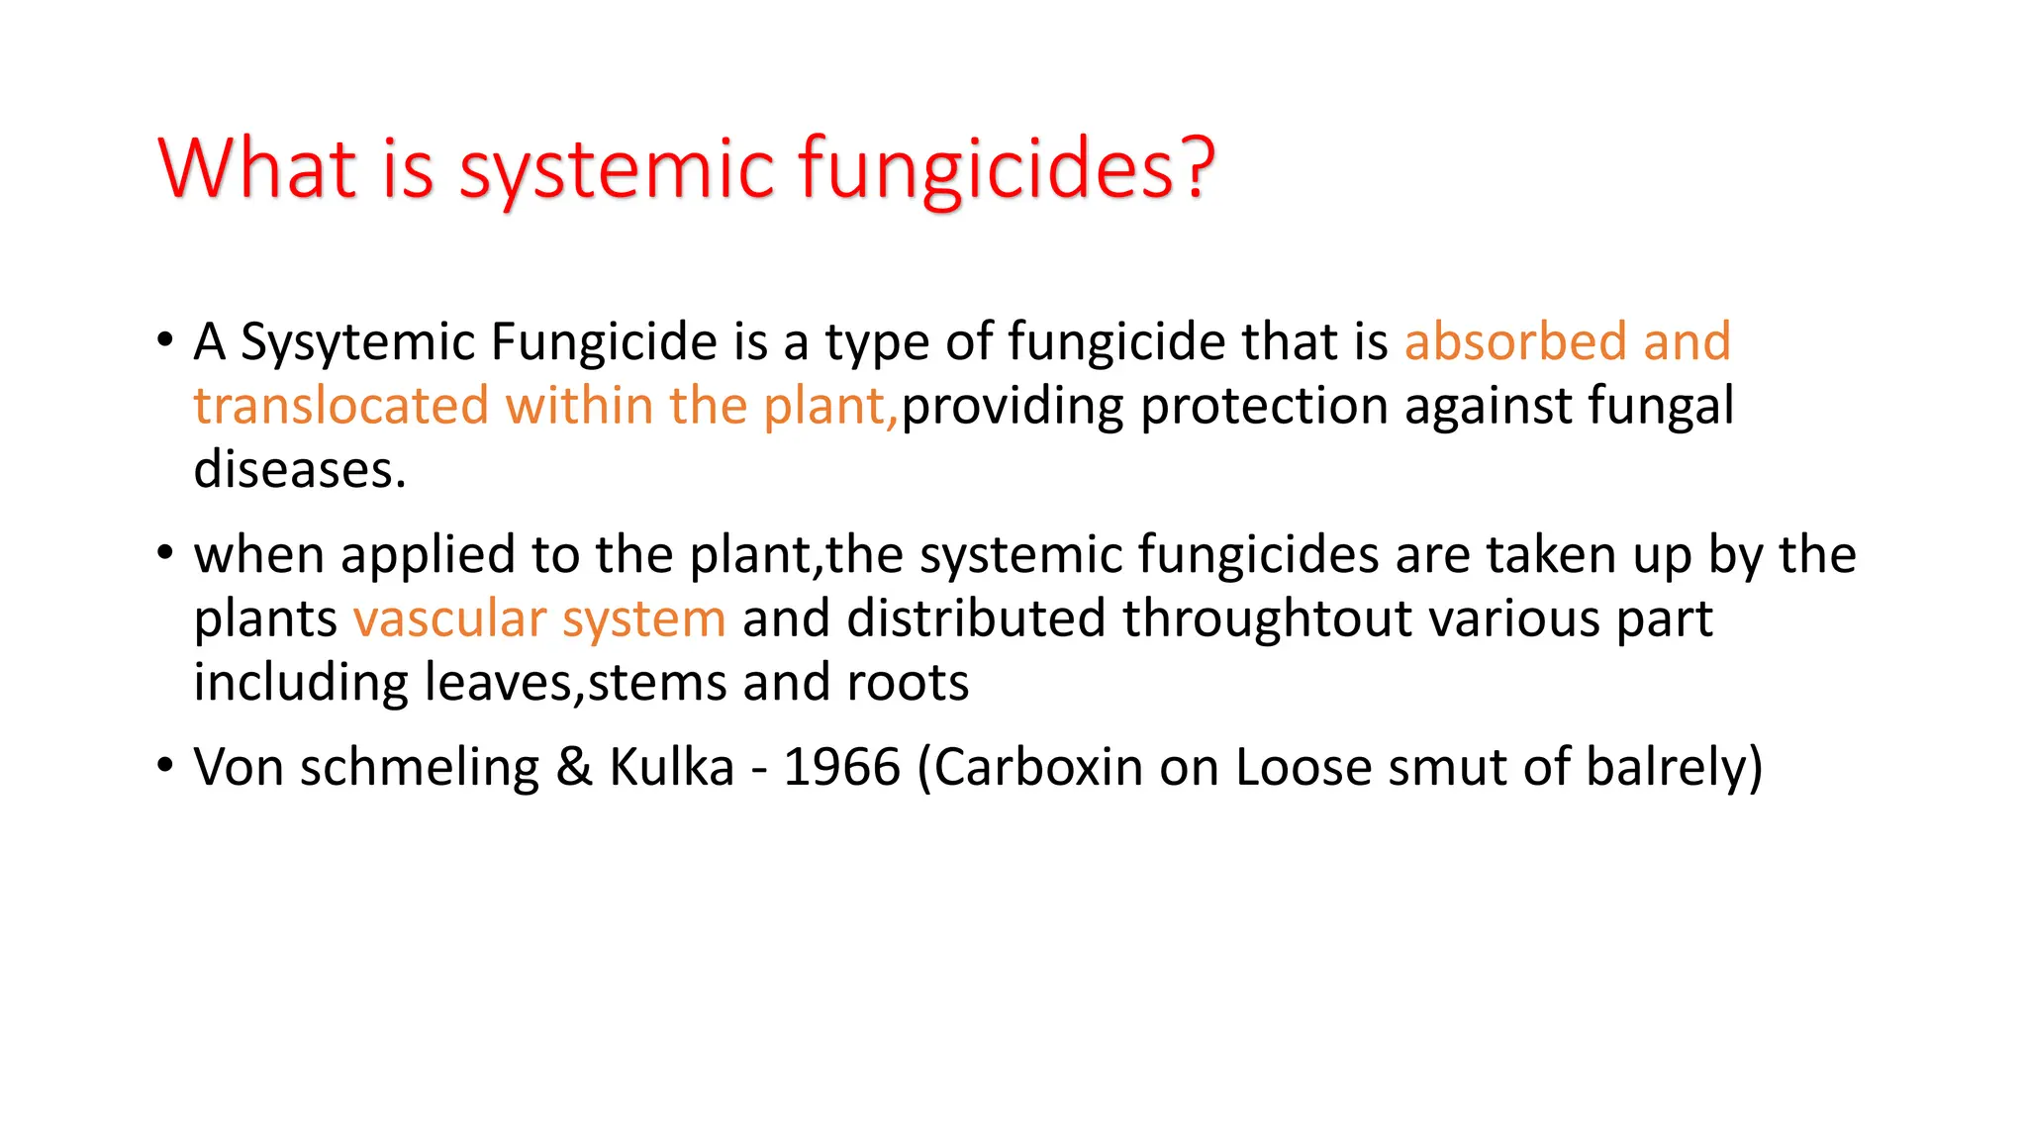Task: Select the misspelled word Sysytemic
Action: [x=357, y=342]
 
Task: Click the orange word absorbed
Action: [x=1515, y=341]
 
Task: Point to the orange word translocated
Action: [x=340, y=406]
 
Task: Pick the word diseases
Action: [x=299, y=469]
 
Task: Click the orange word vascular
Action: [x=449, y=618]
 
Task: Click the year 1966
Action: [x=841, y=767]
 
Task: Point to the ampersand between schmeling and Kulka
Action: [x=574, y=767]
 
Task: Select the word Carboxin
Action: [x=1038, y=767]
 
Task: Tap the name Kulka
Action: [x=671, y=767]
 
